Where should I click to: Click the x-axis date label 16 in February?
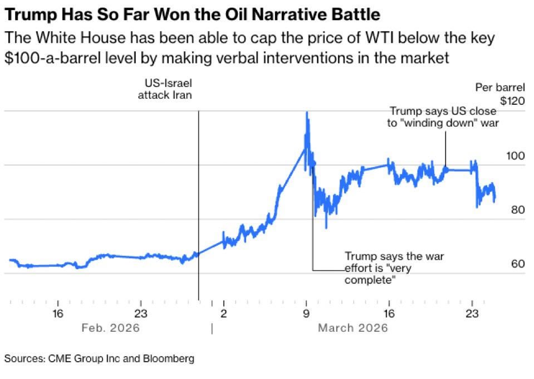(58, 313)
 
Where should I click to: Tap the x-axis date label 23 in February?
(140, 313)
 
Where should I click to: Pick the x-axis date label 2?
(223, 313)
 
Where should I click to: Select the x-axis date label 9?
(306, 313)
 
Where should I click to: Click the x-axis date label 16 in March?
(389, 313)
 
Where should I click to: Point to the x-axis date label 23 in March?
(472, 313)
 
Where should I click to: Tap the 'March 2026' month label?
(352, 328)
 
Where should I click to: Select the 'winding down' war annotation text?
(442, 117)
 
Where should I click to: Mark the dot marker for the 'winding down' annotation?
(445, 169)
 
